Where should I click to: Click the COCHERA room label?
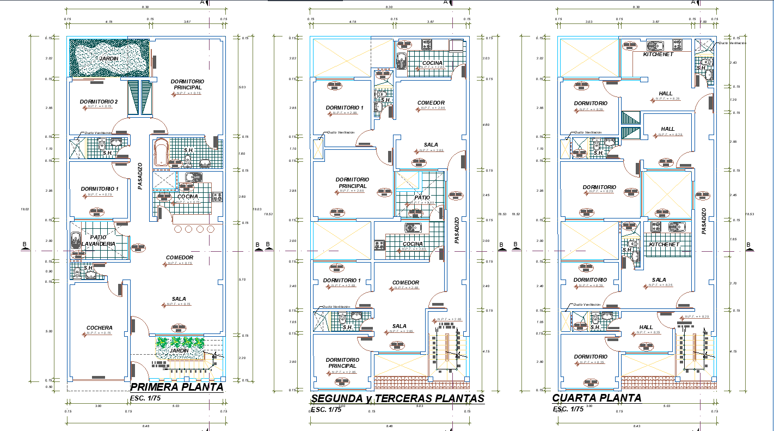[99, 327]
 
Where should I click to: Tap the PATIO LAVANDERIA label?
[99, 240]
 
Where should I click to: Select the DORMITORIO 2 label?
[99, 101]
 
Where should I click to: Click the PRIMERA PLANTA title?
[177, 387]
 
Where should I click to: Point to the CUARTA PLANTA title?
[597, 398]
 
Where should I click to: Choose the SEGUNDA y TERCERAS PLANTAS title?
[397, 398]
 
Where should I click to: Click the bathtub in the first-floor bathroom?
[161, 152]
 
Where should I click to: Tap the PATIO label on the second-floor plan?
[422, 197]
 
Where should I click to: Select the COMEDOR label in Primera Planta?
[180, 257]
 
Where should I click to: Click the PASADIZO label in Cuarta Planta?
[704, 221]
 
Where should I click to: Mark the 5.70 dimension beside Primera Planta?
[242, 279]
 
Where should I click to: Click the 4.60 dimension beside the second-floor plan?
[486, 125]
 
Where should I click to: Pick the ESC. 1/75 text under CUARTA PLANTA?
[568, 409]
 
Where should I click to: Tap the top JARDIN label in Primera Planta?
[109, 58]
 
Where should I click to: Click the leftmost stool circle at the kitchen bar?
[177, 229]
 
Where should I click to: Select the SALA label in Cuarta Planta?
[659, 280]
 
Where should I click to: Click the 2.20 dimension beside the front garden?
[242, 357]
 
